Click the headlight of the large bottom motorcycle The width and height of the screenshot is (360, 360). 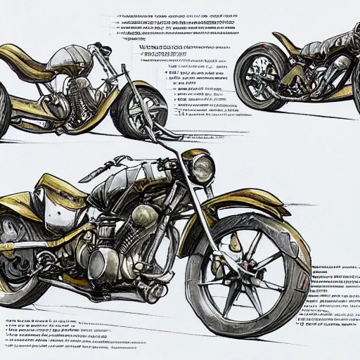coord(201,169)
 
